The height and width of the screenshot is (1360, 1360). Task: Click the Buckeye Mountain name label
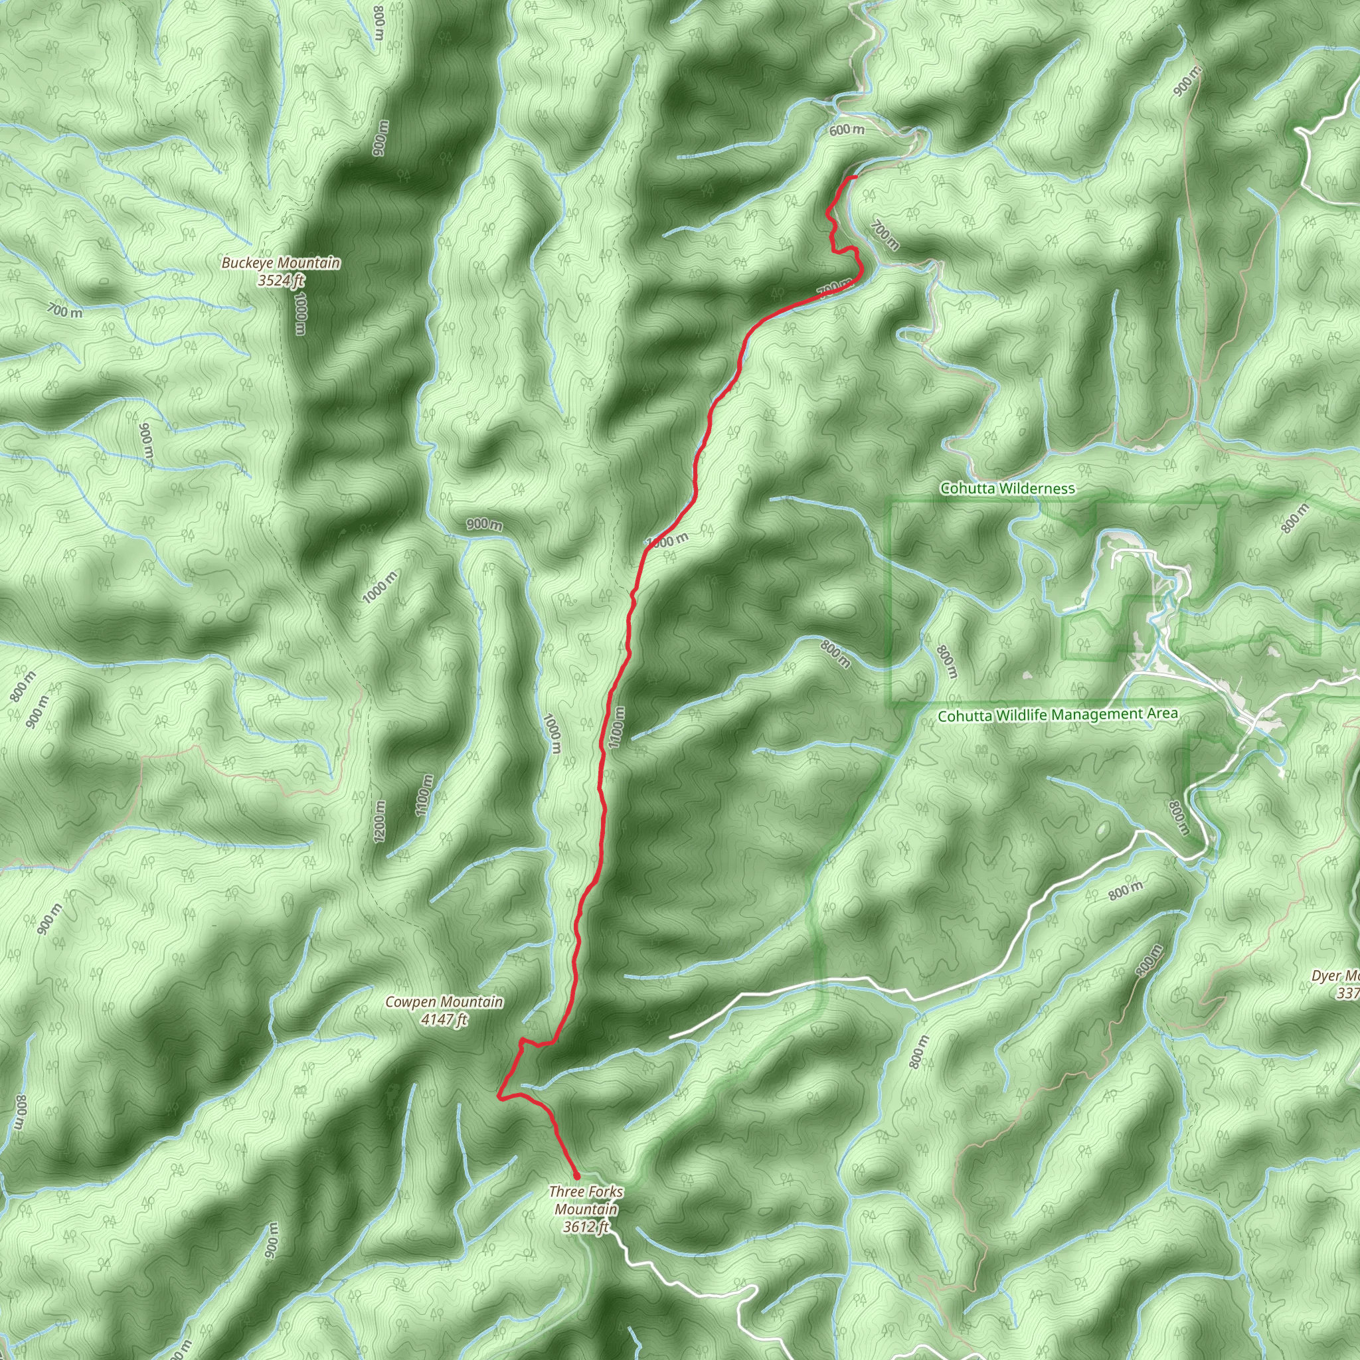click(281, 263)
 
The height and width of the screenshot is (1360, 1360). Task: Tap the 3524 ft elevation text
click(281, 281)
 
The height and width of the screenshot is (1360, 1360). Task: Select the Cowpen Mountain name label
click(444, 1001)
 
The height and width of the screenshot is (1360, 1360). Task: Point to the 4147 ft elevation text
click(444, 1019)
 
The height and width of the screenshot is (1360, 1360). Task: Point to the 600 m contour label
click(847, 130)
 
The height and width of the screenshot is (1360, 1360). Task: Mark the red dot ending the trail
click(576, 1175)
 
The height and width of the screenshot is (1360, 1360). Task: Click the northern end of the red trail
click(855, 177)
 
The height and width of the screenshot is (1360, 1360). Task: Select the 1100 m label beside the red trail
click(617, 727)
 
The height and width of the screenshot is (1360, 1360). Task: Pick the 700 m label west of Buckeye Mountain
click(65, 309)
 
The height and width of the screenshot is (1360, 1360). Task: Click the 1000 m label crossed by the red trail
click(667, 541)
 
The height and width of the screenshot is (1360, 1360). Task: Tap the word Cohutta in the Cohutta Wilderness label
click(964, 489)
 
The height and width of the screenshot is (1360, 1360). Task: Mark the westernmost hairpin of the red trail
click(499, 1096)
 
